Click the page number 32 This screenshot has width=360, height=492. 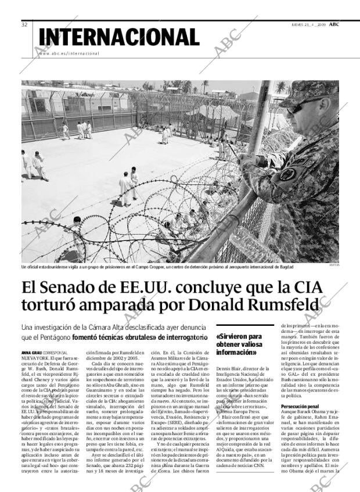pos(24,24)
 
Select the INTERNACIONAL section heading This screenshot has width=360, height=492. pos(119,37)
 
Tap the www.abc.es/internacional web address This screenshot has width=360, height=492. pos(69,53)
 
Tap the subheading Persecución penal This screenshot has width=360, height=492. pos(300,406)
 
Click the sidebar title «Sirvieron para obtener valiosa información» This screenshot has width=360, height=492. pos(239,344)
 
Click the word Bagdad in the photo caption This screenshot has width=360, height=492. pos(284,267)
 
